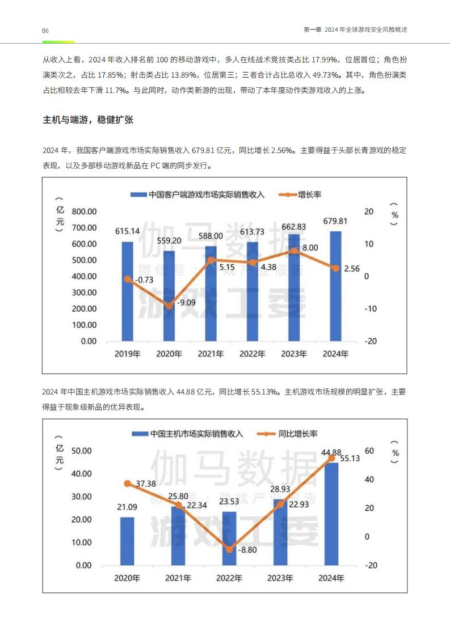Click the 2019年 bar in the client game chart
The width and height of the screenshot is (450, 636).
(x=128, y=291)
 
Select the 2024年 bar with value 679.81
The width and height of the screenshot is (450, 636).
(x=335, y=286)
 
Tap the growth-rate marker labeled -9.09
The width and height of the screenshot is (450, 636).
(x=169, y=306)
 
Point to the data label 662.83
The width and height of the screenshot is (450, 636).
(x=293, y=227)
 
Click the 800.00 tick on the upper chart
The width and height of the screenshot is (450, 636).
(x=84, y=211)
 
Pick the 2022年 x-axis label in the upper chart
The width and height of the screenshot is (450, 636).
(x=252, y=354)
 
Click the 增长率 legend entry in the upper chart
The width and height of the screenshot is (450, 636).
(x=300, y=194)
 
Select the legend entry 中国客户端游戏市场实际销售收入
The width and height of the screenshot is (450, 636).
(x=197, y=194)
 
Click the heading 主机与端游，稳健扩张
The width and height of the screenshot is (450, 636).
(x=88, y=120)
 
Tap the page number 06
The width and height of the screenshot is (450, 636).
(x=45, y=31)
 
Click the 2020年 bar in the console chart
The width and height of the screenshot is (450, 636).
(x=127, y=541)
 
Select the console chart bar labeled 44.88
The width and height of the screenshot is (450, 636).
(x=331, y=514)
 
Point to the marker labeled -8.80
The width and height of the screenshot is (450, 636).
(x=229, y=550)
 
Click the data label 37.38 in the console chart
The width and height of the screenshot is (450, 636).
(x=146, y=484)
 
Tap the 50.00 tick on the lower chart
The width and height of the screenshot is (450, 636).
(x=82, y=451)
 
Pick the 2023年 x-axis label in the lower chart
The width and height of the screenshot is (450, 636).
(x=280, y=578)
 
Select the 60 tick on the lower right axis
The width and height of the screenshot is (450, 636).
(x=369, y=451)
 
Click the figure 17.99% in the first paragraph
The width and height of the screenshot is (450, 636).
(x=325, y=60)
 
